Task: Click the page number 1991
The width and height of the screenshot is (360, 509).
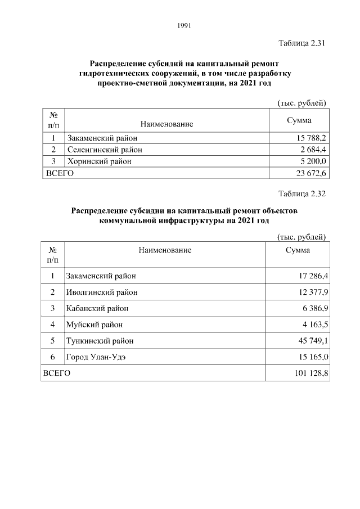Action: pos(184,25)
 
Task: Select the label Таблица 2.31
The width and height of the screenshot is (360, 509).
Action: pos(302,44)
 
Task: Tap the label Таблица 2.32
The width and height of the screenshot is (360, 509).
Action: pos(302,195)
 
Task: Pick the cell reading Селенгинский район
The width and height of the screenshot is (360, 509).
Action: pos(105,150)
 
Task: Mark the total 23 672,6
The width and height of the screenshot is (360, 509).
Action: pos(309,174)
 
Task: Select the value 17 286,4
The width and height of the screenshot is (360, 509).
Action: pos(309,276)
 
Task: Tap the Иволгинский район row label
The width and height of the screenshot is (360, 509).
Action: pos(102,292)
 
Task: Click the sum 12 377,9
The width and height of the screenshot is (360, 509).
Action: pos(309,292)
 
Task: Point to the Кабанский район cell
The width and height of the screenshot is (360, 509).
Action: pos(97,309)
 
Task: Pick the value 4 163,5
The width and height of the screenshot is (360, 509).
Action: pos(311,325)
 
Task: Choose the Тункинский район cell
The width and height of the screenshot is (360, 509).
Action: pos(100,341)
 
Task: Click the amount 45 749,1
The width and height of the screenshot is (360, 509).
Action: pos(309,341)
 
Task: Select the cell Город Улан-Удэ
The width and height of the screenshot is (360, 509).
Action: pos(96,357)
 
